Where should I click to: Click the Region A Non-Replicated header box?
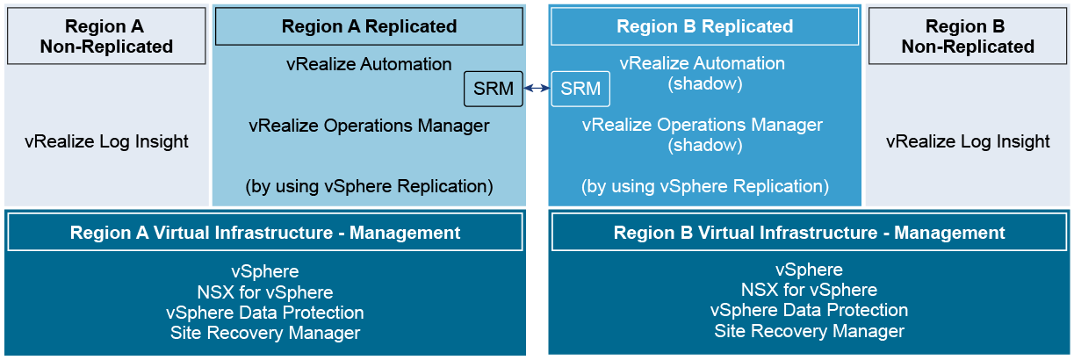coord(106,36)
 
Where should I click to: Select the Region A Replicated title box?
coord(369,26)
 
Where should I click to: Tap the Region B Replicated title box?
coord(704,26)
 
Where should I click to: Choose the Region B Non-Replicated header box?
coord(968,36)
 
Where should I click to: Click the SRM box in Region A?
coord(494,89)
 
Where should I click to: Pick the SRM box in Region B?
coord(580,89)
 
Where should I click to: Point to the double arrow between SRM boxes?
coord(537,88)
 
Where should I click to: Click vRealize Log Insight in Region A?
coord(106,141)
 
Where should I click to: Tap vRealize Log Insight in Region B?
coord(968,141)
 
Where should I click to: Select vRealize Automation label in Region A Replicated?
coord(369,64)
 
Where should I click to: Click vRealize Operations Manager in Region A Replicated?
coord(369,126)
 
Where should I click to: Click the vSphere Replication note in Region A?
coord(369,186)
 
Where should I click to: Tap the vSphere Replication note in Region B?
coord(705,186)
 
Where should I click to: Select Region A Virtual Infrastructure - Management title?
coord(265,233)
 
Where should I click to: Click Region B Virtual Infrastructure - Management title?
coord(809,233)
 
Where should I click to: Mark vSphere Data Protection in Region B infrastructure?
coord(809,310)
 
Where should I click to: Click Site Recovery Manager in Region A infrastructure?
coord(265,333)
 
